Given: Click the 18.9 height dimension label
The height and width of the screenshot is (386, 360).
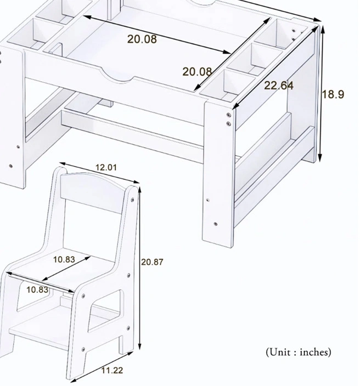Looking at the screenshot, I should tap(333, 94).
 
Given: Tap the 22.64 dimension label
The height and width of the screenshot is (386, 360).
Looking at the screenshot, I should tap(279, 86).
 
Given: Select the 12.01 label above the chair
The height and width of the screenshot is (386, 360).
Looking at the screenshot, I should tap(105, 167).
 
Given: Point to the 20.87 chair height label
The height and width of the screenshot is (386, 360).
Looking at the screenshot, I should tap(151, 262).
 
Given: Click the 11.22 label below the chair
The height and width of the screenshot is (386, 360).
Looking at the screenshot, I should tap(111, 371).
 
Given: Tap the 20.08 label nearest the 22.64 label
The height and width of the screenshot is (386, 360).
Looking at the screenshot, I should tap(198, 72).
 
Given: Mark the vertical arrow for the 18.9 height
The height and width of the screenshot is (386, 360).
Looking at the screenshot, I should tap(323, 93).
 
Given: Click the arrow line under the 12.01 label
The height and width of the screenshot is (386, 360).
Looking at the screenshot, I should tap(99, 174).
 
